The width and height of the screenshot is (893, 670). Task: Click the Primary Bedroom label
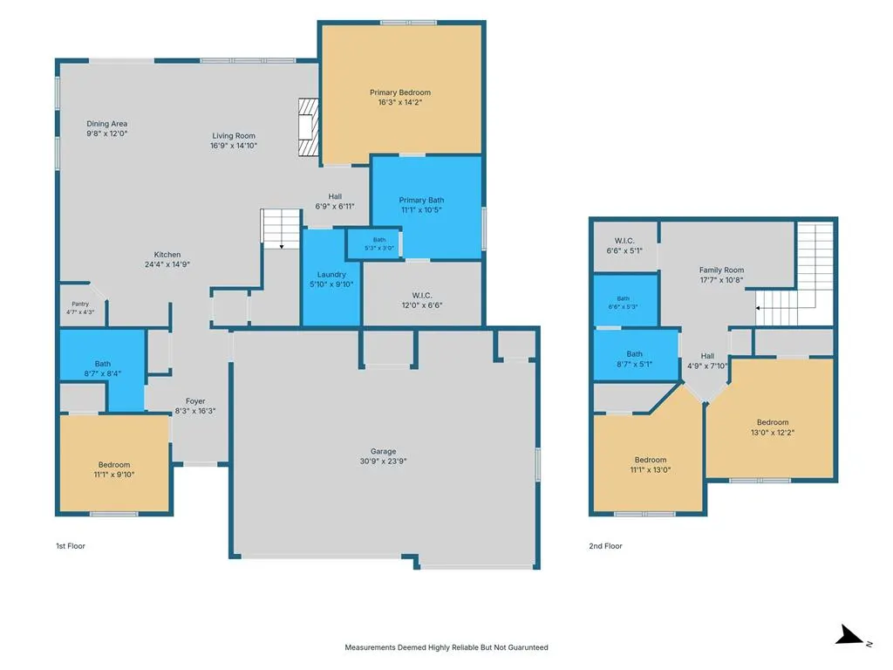[x=399, y=92]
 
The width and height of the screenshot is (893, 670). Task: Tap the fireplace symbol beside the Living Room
[x=308, y=127]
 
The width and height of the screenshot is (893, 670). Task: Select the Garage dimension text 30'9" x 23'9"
[x=383, y=461]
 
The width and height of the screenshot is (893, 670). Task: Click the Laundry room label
[x=331, y=275]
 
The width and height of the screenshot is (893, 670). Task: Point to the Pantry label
[x=80, y=304]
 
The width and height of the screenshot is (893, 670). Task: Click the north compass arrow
[x=849, y=635]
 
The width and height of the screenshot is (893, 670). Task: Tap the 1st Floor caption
[x=71, y=546]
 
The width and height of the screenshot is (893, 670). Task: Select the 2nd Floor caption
[x=605, y=546]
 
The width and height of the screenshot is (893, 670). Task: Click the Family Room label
[x=721, y=270]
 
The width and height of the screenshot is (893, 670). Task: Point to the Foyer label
[x=195, y=401]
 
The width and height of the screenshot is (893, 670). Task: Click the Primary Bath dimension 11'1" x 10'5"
[x=421, y=209]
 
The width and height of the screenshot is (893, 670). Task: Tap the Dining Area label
[x=107, y=124]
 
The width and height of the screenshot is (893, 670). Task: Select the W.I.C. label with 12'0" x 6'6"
[x=422, y=295]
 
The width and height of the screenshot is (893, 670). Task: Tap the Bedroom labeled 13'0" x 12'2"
[x=773, y=422]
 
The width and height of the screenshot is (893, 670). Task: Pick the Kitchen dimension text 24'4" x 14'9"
[x=167, y=264]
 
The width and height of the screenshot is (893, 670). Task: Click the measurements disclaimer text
[x=446, y=647]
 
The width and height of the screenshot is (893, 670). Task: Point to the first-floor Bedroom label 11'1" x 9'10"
[x=114, y=465]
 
